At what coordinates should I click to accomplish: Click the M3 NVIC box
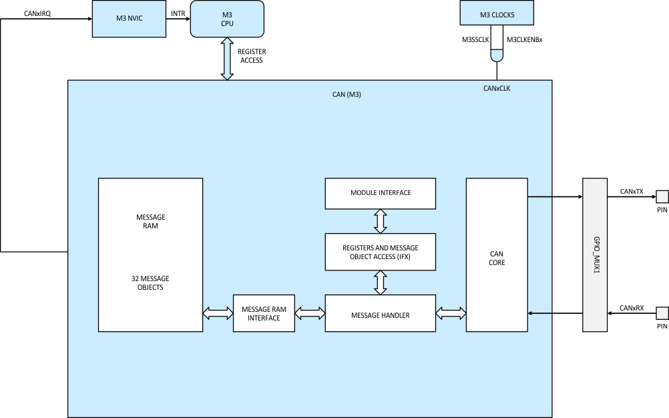tap(130, 19)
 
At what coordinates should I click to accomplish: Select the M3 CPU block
tap(227, 19)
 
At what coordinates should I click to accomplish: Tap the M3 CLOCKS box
tap(497, 13)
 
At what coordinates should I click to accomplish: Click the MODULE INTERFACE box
tap(381, 193)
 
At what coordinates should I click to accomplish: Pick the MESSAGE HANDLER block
tap(381, 313)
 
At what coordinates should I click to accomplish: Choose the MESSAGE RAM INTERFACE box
tap(264, 313)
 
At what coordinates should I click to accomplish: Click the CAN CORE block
tap(497, 254)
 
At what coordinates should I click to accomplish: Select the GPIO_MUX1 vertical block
tap(594, 254)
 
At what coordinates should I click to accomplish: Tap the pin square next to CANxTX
tap(662, 196)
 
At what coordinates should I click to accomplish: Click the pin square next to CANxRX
tap(662, 312)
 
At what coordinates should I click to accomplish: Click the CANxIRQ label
tap(37, 13)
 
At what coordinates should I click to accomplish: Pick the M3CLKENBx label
tap(525, 40)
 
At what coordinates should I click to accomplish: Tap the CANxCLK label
tap(496, 87)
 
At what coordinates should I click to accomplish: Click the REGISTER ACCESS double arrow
tap(227, 59)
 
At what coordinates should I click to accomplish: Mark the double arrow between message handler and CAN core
tap(451, 312)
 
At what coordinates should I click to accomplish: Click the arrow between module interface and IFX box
tap(381, 221)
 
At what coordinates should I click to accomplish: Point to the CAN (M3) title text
tap(347, 95)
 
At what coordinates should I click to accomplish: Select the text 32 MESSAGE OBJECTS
tap(150, 283)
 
